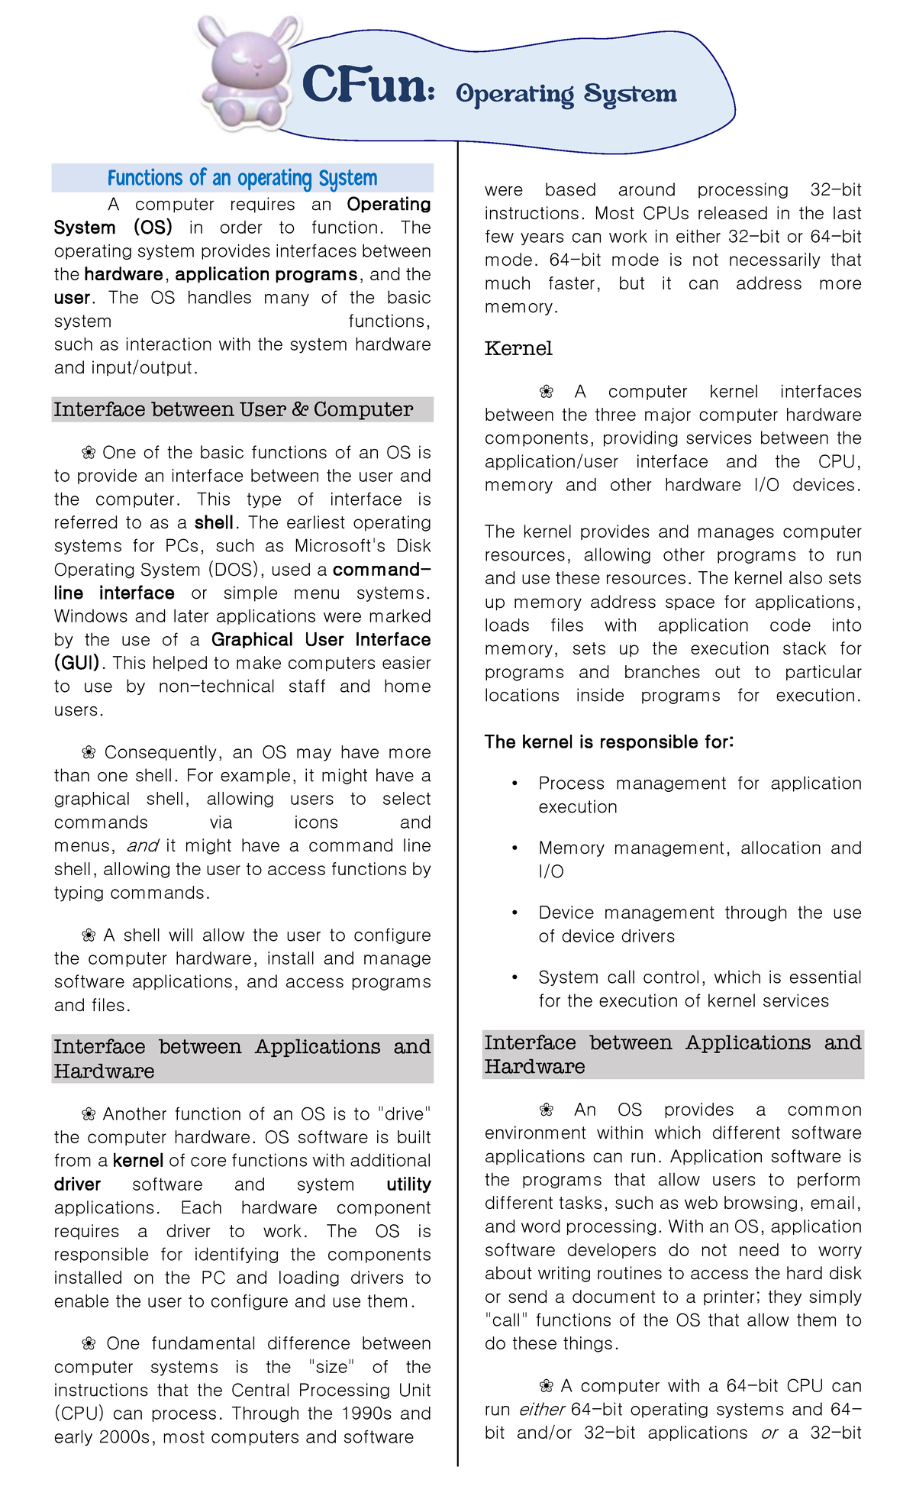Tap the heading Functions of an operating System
click(x=242, y=178)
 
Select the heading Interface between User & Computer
click(x=234, y=410)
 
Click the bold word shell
click(x=214, y=523)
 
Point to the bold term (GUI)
click(x=77, y=663)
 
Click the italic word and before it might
click(x=142, y=846)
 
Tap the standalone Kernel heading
click(x=518, y=349)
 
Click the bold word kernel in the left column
click(x=138, y=1161)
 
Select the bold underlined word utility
click(x=408, y=1184)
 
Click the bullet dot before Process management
click(x=515, y=784)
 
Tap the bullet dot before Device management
click(x=515, y=913)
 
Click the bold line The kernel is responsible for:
click(x=609, y=742)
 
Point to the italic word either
click(x=542, y=1410)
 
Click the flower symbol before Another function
click(x=89, y=1114)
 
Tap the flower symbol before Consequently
click(x=89, y=753)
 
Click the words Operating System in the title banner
click(x=566, y=94)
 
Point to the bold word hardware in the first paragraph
click(x=124, y=275)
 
